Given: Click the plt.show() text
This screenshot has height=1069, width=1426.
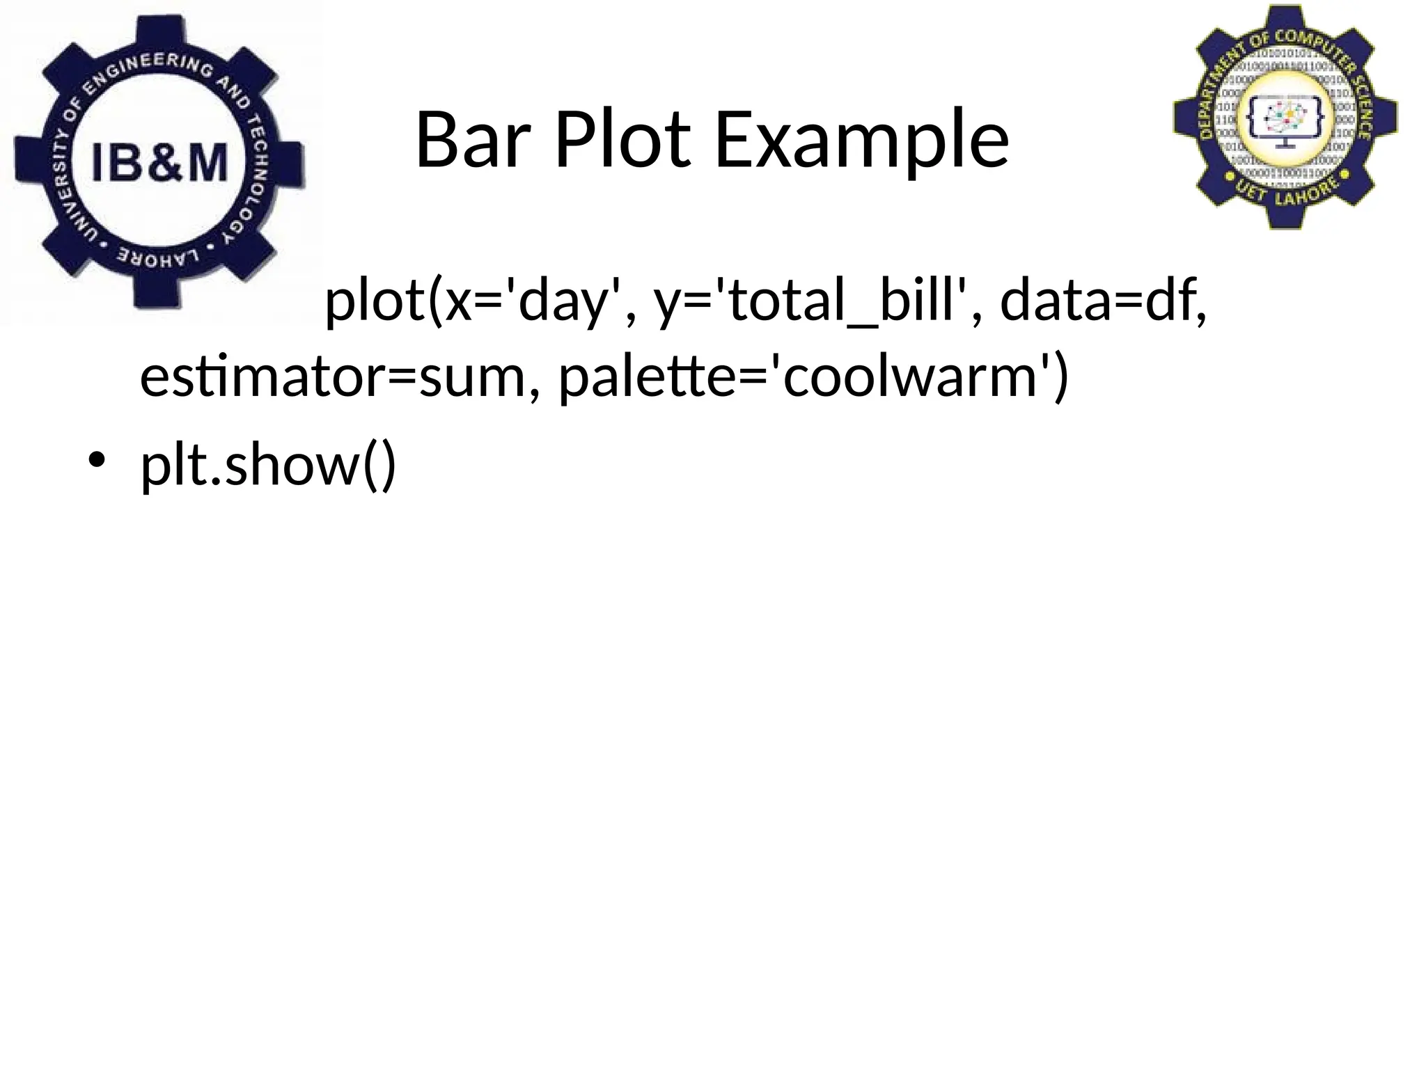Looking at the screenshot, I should click(x=268, y=465).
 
